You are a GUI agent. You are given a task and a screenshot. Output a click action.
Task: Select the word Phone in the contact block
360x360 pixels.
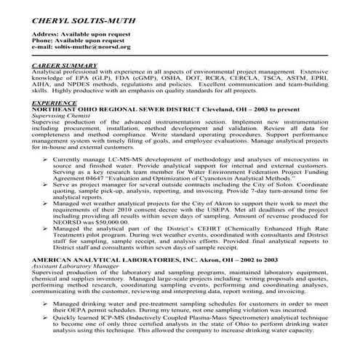[x=42, y=41]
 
